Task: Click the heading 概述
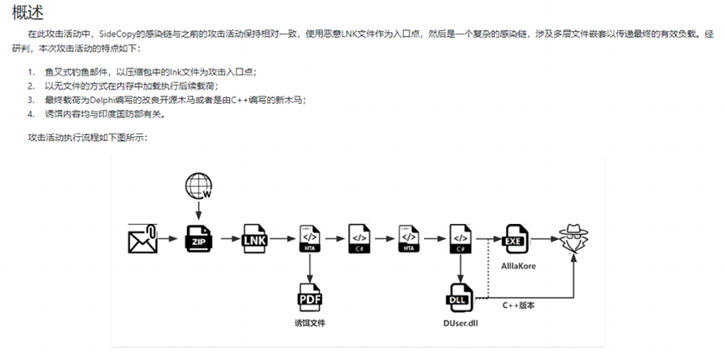pyautogui.click(x=28, y=12)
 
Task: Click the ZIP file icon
pyautogui.click(x=198, y=237)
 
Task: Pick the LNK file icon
pyautogui.click(x=254, y=237)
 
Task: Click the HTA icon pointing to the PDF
pyautogui.click(x=310, y=237)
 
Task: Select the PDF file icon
pyautogui.click(x=310, y=295)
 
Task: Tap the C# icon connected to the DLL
pyautogui.click(x=459, y=237)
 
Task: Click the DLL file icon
pyautogui.click(x=459, y=295)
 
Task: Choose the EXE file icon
pyautogui.click(x=514, y=237)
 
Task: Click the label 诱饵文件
pyautogui.click(x=309, y=322)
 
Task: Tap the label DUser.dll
pyautogui.click(x=458, y=322)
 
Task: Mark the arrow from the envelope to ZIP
pyautogui.click(x=169, y=237)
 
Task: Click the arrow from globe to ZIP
pyautogui.click(x=198, y=209)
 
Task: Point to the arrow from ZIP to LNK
pyautogui.click(x=227, y=237)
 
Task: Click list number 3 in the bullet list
pyautogui.click(x=30, y=99)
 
